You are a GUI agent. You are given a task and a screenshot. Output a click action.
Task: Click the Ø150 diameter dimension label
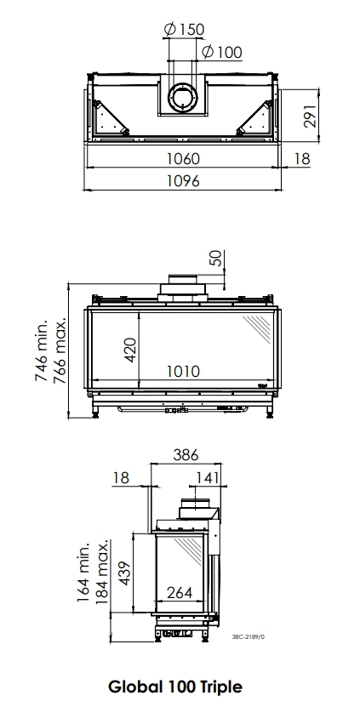(184, 30)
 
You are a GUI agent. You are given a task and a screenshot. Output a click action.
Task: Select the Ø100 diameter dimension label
(222, 52)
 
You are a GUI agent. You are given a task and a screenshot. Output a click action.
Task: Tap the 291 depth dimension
(310, 116)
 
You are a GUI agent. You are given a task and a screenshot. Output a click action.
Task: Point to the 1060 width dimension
(183, 158)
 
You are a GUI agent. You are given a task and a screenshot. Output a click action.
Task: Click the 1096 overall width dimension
(183, 180)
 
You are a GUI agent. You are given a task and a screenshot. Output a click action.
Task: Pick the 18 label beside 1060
(302, 159)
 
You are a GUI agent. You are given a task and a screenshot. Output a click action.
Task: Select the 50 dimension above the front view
(216, 258)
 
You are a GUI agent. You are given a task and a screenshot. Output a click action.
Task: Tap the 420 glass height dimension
(130, 350)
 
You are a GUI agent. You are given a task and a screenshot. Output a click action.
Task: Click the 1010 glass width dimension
(183, 371)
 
